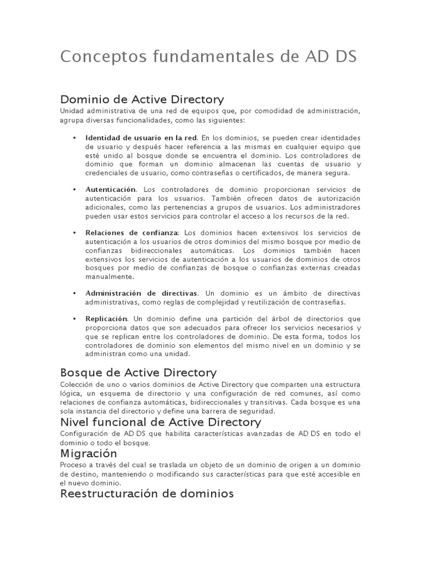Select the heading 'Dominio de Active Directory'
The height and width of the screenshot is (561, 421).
[142, 99]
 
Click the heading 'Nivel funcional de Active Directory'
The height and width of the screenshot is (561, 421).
[160, 422]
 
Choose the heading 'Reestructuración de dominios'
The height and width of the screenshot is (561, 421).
[147, 494]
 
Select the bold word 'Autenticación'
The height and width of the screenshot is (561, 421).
[110, 189]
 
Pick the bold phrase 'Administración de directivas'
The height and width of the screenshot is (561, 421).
[141, 293]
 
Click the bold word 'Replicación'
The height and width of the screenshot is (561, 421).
[106, 319]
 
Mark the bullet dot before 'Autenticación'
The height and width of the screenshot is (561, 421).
[74, 189]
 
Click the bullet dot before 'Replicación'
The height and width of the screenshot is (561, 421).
[74, 319]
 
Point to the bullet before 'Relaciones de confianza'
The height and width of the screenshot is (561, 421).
[74, 233]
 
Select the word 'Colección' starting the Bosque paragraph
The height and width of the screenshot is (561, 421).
[74, 385]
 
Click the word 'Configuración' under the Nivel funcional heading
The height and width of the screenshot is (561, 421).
[82, 434]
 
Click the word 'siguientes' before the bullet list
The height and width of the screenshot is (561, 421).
[226, 120]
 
